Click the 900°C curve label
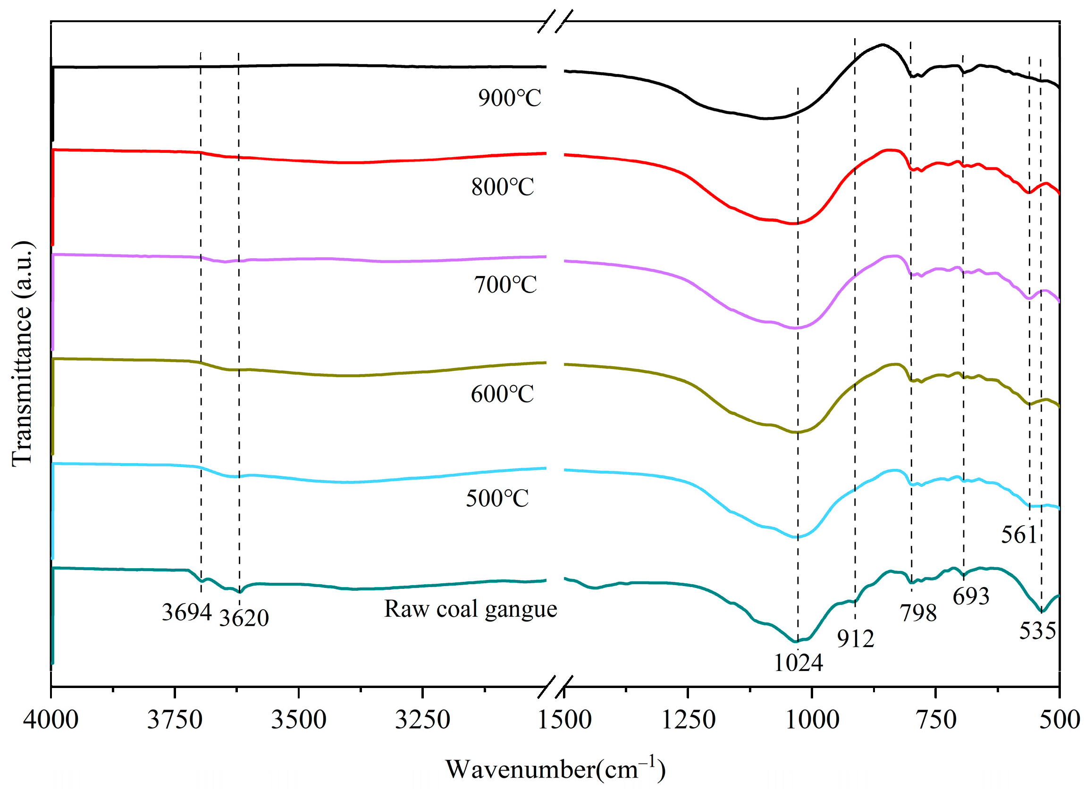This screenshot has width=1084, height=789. [x=510, y=98]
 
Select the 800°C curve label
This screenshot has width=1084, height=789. [x=502, y=187]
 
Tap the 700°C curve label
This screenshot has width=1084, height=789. [x=505, y=285]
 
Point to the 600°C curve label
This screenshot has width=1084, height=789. [x=502, y=394]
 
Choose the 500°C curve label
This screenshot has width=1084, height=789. [x=497, y=498]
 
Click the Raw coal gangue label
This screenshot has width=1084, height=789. [x=471, y=609]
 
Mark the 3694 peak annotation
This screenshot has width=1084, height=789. [x=186, y=612]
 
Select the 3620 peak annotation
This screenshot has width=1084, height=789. [x=244, y=618]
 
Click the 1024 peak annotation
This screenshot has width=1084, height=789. [x=798, y=663]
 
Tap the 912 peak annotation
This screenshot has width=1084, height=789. [x=856, y=638]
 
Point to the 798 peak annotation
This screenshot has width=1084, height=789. [x=918, y=613]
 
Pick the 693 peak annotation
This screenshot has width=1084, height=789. [x=971, y=596]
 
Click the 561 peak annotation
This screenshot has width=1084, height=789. [x=1018, y=535]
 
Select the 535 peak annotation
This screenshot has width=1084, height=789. [x=1037, y=631]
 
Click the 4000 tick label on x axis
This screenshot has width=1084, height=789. [x=50, y=720]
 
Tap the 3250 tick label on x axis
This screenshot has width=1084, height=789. [x=422, y=720]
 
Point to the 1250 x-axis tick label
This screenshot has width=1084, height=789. [x=688, y=720]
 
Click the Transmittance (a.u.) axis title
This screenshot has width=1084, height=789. [x=22, y=353]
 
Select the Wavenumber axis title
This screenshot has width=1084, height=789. [x=555, y=769]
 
